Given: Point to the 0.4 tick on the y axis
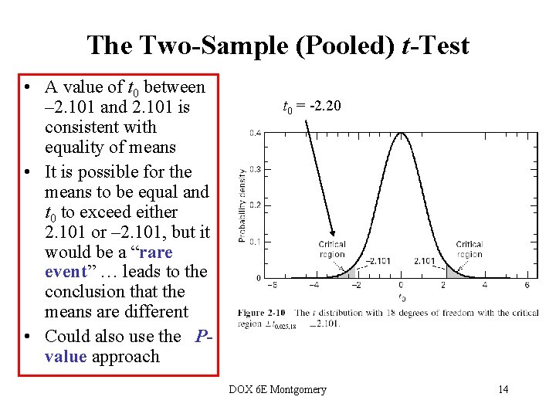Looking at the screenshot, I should [x=255, y=133].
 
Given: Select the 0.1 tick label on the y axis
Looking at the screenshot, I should [x=255, y=242].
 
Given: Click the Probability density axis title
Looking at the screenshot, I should [x=242, y=205].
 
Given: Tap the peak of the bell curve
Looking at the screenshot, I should [x=401, y=134].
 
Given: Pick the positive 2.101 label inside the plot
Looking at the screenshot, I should [x=425, y=261].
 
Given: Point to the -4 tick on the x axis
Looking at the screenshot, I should [x=314, y=285].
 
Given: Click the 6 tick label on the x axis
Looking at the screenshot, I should [x=527, y=285].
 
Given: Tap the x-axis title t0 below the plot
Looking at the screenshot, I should [x=402, y=298].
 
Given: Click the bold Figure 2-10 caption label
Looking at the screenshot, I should [x=262, y=313].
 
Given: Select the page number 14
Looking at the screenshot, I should [x=503, y=389].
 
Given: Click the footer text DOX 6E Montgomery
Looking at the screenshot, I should [x=277, y=389].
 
